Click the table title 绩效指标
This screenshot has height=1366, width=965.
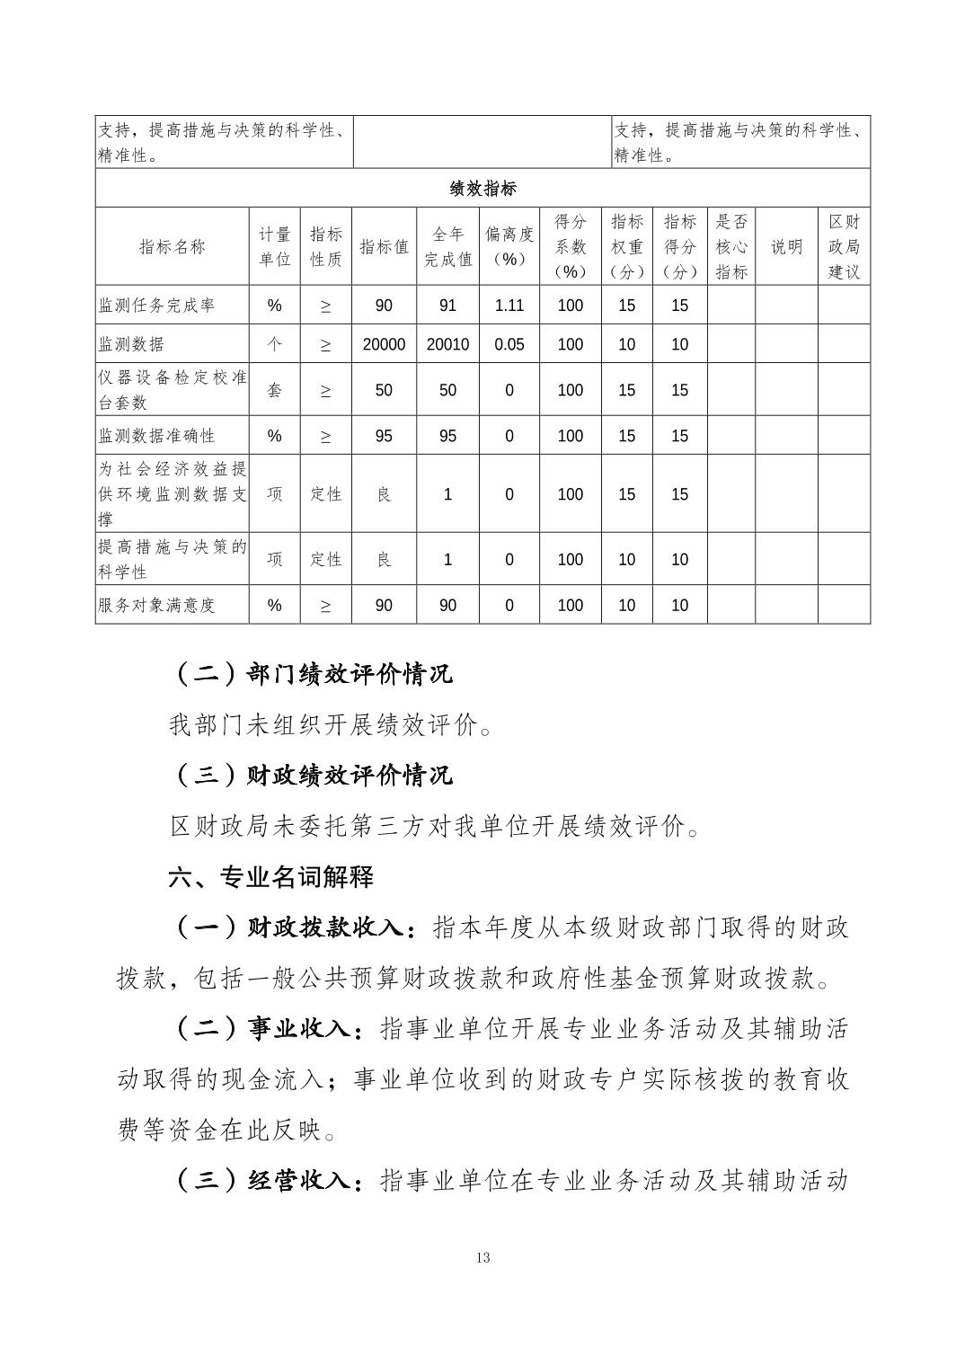coord(482,189)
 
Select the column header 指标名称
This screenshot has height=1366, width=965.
coord(173,246)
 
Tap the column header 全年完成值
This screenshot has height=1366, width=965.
coord(447,246)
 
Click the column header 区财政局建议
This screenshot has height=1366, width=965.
coord(844,246)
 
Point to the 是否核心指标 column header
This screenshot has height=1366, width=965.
coord(731,246)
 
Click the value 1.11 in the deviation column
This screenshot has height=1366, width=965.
coord(509,306)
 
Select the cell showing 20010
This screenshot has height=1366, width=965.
coord(447,344)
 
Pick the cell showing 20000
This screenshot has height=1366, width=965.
coord(384,344)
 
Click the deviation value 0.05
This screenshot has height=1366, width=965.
coord(509,344)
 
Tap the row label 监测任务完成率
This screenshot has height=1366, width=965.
coord(156,306)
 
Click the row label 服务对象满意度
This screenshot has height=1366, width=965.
coord(156,605)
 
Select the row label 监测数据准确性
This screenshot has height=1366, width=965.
coord(156,436)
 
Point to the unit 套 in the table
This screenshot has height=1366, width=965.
coord(275,390)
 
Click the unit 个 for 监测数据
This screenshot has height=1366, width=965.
coord(275,344)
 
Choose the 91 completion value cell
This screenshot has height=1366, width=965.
coord(447,306)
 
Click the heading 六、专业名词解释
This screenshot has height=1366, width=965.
coord(271,877)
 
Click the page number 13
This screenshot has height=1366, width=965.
coord(483,1257)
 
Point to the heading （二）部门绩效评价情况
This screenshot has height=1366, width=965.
coord(311,674)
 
